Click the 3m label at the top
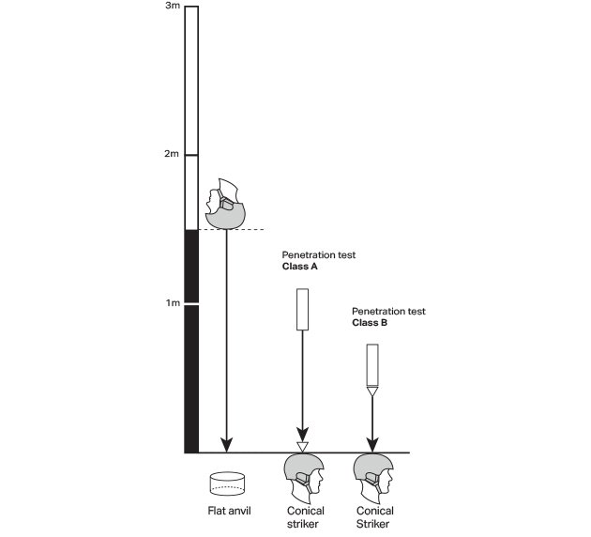pyautogui.click(x=172, y=7)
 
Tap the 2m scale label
pyautogui.click(x=171, y=154)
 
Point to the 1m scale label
pyautogui.click(x=171, y=303)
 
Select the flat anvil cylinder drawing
pyautogui.click(x=227, y=483)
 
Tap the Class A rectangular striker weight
pyautogui.click(x=303, y=309)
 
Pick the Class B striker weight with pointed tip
pyautogui.click(x=372, y=367)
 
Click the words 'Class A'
pyautogui.click(x=302, y=267)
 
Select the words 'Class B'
pyautogui.click(x=371, y=322)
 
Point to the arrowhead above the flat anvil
pyautogui.click(x=225, y=444)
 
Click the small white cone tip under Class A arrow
pyautogui.click(x=303, y=446)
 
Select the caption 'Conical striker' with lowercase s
pyautogui.click(x=304, y=517)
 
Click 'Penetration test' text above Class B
pyautogui.click(x=388, y=310)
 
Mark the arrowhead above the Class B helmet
pyautogui.click(x=372, y=444)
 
